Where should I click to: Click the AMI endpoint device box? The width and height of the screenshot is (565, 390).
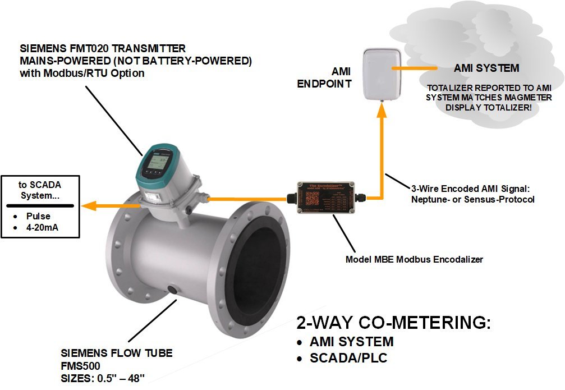[x=383, y=73]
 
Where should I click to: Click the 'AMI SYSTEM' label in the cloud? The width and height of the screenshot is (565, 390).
[x=486, y=68]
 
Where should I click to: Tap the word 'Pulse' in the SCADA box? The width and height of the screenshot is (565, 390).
[x=38, y=216]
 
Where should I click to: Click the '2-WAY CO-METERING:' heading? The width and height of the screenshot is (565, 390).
[x=393, y=323]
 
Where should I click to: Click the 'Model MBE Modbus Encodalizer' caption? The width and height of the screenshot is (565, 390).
[x=415, y=259]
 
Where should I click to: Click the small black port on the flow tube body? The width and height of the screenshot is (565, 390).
[x=173, y=291]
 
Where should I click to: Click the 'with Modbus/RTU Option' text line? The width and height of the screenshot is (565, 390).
[x=82, y=73]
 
